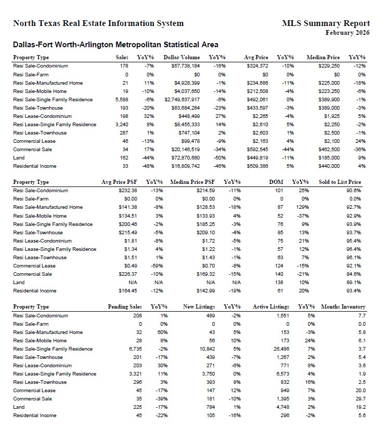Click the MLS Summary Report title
point(326,23)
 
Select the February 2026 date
point(347,33)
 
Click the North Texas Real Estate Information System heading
point(98,23)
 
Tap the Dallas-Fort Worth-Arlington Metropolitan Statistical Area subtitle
point(115,45)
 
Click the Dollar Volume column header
point(182,58)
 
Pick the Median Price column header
point(323,58)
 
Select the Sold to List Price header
point(340,182)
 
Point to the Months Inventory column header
point(343,307)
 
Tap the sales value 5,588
point(121,99)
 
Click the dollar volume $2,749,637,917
point(182,99)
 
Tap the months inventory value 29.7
point(361,398)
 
